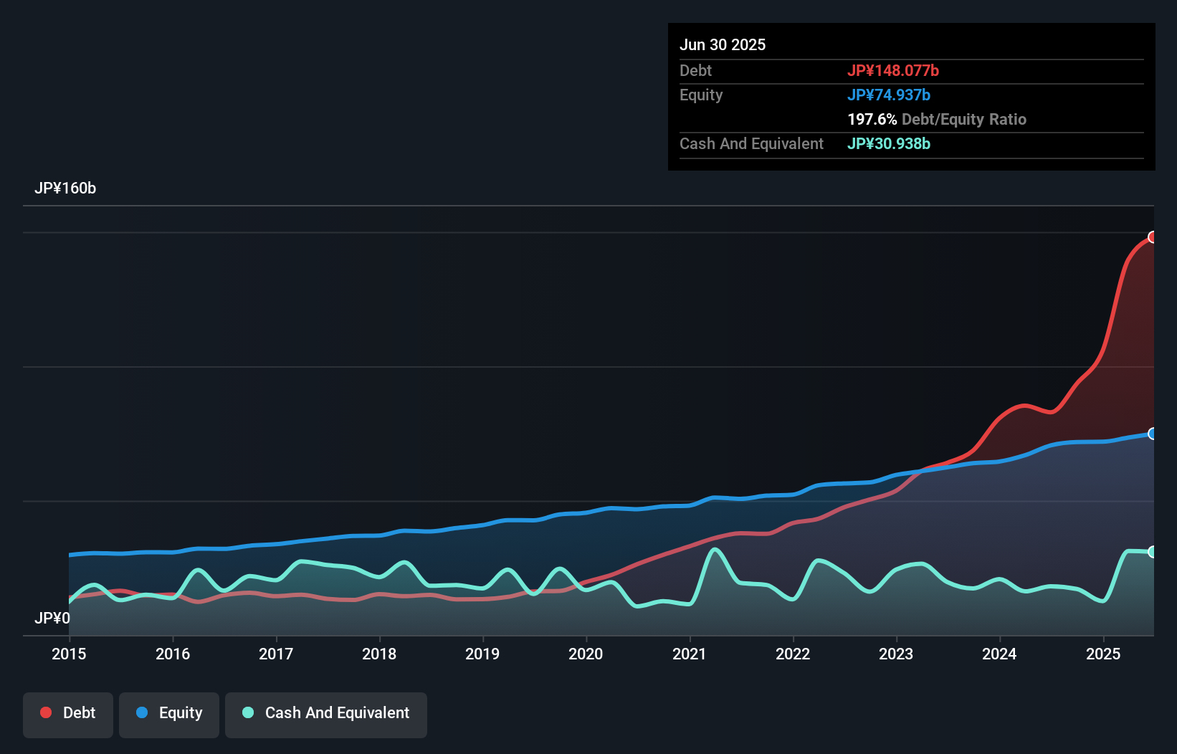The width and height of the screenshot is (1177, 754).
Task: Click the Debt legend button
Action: tap(68, 714)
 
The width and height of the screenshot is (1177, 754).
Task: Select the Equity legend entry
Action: tap(169, 714)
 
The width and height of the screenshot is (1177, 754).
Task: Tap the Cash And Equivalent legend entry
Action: tap(326, 714)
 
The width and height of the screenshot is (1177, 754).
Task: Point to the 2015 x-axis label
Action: tap(69, 654)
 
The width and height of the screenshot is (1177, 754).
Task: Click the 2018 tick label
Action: tap(379, 654)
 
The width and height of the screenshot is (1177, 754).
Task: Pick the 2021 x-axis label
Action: tap(689, 654)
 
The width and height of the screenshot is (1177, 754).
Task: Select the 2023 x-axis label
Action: tap(896, 654)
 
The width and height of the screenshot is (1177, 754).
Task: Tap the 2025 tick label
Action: tap(1102, 654)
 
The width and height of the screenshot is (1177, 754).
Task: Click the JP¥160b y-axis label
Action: tap(65, 188)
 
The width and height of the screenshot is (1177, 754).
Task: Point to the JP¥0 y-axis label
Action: tap(52, 618)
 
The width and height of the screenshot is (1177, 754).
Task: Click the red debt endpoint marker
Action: tap(1153, 237)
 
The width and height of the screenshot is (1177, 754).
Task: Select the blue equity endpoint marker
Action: tap(1153, 434)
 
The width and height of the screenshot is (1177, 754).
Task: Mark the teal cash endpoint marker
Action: tap(1153, 552)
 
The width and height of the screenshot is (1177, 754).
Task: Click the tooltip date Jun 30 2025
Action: tap(723, 44)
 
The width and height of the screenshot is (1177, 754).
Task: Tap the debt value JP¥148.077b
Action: tap(892, 70)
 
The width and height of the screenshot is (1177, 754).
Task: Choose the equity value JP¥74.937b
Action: tap(888, 95)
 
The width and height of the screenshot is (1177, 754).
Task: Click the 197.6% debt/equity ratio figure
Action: tap(872, 119)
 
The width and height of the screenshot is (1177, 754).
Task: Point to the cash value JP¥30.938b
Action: tap(888, 143)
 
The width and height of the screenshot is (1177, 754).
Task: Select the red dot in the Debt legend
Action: tap(46, 712)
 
